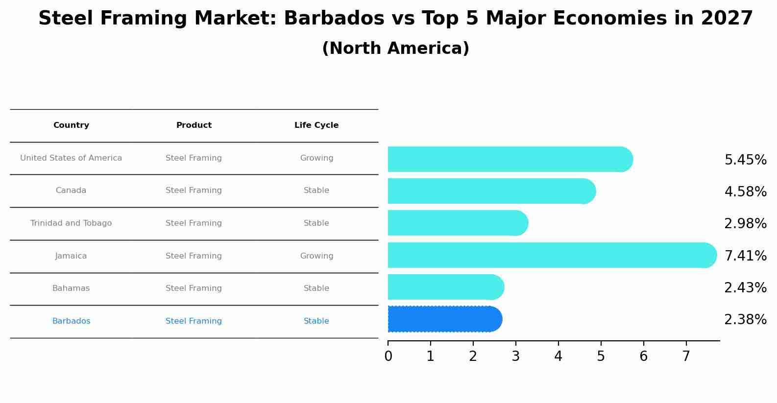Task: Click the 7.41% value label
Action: coord(745,256)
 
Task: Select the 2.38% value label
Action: coord(745,320)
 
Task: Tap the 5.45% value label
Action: coord(745,160)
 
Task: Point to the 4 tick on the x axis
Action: coord(558,356)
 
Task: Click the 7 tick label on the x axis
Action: coord(686,356)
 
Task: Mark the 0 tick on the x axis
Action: coord(388,356)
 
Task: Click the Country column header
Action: coord(71,125)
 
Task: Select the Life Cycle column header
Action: coord(316,125)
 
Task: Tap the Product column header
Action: coord(194,125)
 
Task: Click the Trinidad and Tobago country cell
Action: coord(71,223)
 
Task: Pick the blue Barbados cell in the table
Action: coord(71,321)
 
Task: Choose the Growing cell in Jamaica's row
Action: coord(316,256)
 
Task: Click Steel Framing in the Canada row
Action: coord(194,190)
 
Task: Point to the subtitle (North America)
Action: coord(395,48)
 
